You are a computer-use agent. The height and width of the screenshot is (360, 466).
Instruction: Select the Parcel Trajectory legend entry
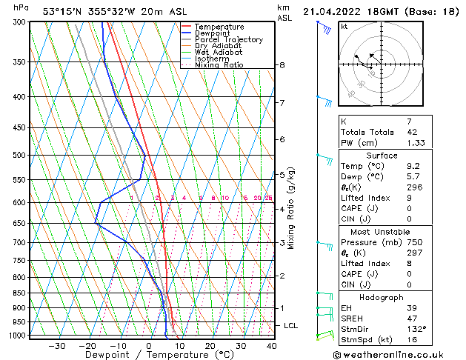coord(228,39)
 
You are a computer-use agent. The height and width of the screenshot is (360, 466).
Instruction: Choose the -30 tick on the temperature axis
coord(56,345)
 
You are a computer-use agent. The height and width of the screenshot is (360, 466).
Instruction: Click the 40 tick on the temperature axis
coord(271,345)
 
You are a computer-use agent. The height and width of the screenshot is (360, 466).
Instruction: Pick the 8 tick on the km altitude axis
coord(282,65)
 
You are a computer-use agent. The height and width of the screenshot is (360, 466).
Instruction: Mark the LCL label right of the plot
coord(291,325)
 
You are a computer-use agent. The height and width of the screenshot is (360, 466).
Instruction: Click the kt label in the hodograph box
coord(344,26)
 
